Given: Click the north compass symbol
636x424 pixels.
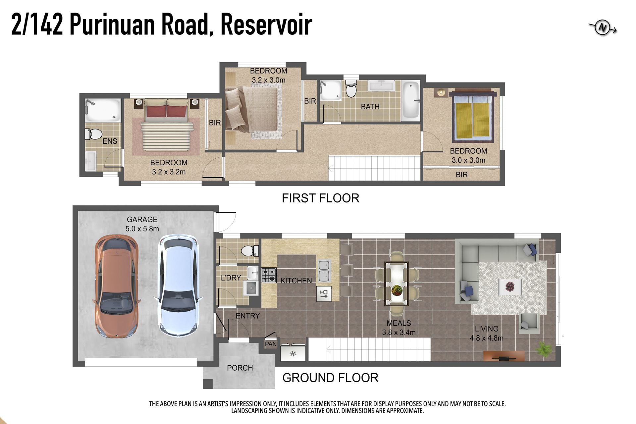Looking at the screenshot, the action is tap(603, 28).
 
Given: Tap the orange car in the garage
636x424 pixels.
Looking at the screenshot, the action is tap(116, 286).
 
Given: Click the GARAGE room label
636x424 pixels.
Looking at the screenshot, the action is tap(142, 219).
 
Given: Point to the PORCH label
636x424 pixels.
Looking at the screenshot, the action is tap(240, 368).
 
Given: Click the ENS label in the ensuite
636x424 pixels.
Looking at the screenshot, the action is tap(110, 141).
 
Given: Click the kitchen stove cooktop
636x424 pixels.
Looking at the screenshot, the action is tap(269, 275).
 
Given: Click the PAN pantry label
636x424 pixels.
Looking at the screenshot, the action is tap(271, 344).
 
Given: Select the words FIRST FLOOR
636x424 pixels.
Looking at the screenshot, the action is tap(320, 198).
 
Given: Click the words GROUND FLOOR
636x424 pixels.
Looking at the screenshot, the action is tap(330, 378).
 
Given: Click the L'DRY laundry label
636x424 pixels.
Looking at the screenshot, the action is tap(231, 278).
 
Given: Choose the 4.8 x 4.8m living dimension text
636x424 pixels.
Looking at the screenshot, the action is tap(487, 338).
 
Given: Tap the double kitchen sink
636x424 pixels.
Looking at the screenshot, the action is tap(324, 271).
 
